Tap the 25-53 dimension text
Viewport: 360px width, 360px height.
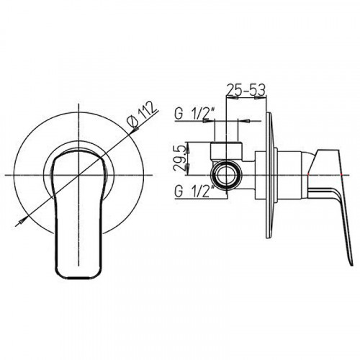pyautogui.click(x=246, y=90)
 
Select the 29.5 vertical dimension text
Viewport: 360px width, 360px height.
pyautogui.click(x=180, y=158)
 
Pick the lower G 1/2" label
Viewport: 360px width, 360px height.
pyautogui.click(x=194, y=192)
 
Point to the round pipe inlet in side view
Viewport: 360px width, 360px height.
pyautogui.click(x=226, y=175)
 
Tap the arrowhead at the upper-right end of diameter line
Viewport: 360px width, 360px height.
pyautogui.click(x=135, y=130)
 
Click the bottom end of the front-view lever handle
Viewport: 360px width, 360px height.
pyautogui.click(x=79, y=278)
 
